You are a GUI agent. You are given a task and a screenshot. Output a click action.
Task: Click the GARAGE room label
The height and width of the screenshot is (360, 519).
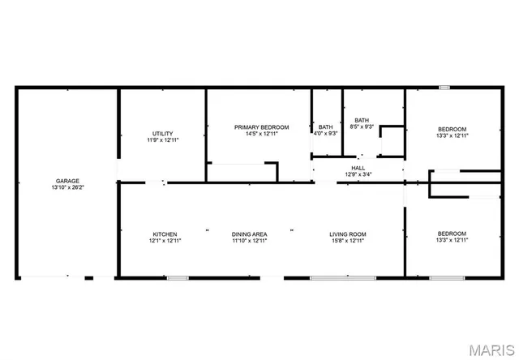coord(67,181)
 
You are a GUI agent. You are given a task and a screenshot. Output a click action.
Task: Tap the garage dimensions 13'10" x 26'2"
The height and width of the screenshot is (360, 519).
coord(67,188)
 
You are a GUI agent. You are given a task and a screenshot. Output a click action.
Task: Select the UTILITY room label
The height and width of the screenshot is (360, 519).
coord(162,134)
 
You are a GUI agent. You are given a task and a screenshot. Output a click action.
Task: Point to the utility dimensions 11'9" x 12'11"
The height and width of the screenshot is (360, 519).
coord(162,141)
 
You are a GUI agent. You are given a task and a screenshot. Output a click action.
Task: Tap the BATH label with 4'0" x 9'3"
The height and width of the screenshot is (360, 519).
coord(325,127)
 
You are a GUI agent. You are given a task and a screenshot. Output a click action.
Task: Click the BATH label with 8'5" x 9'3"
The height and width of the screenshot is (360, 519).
coord(362,120)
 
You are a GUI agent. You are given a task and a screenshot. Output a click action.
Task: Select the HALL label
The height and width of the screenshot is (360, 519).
coord(358,168)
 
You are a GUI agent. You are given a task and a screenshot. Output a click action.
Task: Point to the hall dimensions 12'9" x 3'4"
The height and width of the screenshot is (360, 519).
coord(358,174)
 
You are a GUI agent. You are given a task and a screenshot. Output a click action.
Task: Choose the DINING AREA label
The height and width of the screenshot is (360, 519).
coord(249,234)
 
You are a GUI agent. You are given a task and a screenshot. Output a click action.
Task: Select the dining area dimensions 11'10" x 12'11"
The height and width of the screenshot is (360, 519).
coord(249,241)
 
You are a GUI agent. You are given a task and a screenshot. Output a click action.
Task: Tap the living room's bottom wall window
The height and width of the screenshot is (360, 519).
coord(342,278)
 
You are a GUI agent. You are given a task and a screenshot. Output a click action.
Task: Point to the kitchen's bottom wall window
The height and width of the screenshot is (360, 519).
coord(178,278)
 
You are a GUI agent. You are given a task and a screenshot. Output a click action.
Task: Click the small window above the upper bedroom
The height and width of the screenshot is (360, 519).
coord(444,87)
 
